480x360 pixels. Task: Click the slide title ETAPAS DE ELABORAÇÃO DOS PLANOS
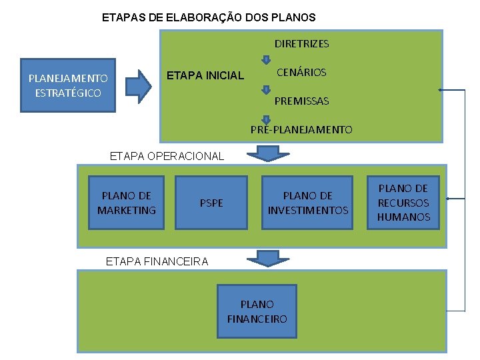[209, 17]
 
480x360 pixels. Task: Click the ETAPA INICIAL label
[205, 75]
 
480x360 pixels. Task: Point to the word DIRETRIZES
[301, 44]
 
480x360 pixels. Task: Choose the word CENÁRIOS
[301, 72]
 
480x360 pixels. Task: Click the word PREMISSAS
[301, 101]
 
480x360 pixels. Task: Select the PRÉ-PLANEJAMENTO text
[301, 129]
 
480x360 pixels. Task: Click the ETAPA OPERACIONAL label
[167, 156]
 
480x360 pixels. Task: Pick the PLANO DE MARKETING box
[126, 203]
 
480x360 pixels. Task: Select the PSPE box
[211, 203]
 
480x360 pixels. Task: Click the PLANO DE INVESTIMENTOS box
[307, 203]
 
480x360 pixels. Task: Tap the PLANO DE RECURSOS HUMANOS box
[403, 203]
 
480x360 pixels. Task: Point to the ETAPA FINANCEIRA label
[157, 261]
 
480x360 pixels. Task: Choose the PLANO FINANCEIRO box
[257, 312]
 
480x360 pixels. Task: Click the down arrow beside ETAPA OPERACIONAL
[268, 154]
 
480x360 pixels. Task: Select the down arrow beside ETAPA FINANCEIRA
[268, 258]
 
